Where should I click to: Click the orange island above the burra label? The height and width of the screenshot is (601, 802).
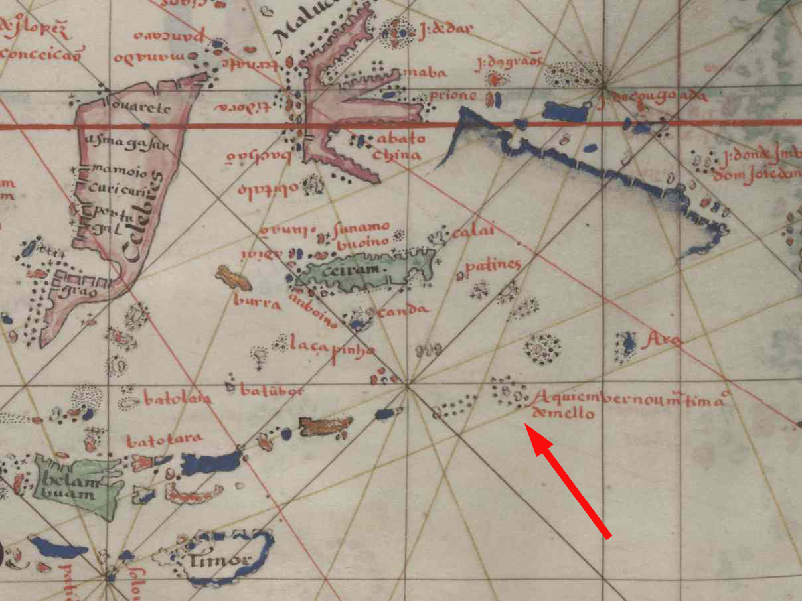[233, 277]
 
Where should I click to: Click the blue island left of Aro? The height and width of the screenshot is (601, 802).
[625, 344]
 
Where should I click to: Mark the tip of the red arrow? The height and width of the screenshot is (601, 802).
[526, 425]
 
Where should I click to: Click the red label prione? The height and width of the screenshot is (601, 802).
[453, 96]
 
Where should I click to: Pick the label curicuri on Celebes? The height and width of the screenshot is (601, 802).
[117, 190]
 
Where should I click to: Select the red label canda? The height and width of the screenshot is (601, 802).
[403, 310]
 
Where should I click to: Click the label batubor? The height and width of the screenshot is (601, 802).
[272, 391]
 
